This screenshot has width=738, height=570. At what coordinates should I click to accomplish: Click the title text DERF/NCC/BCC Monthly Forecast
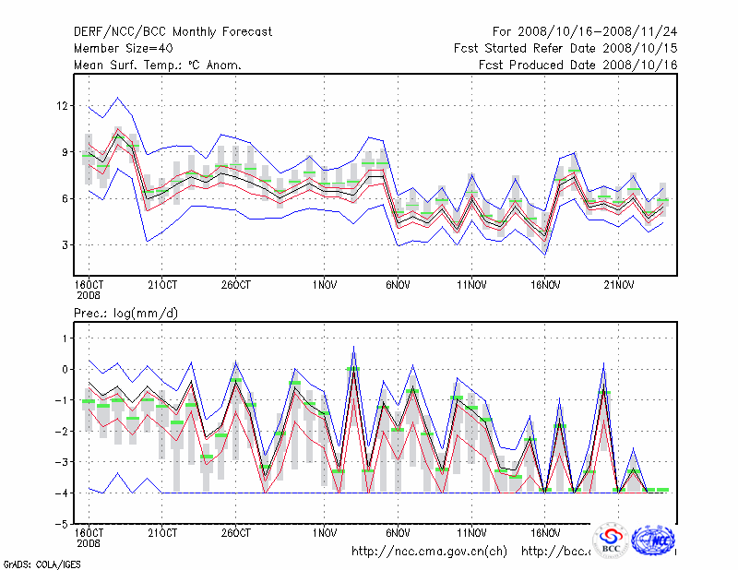click(x=173, y=32)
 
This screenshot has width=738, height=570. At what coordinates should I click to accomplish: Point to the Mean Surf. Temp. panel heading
click(x=158, y=65)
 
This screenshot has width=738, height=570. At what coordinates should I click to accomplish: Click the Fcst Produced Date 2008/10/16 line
click(x=578, y=65)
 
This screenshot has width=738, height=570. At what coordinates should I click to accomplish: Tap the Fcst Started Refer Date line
click(x=565, y=48)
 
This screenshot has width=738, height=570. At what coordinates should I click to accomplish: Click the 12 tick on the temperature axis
click(x=63, y=106)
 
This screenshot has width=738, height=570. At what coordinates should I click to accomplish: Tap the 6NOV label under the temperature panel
click(x=399, y=284)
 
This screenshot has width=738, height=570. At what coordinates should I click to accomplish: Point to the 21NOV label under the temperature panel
click(x=618, y=284)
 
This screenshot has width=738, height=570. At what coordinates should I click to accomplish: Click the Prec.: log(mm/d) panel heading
click(x=126, y=314)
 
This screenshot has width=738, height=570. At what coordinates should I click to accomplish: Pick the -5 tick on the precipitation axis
click(x=62, y=524)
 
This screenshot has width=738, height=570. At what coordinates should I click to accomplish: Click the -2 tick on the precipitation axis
click(x=62, y=431)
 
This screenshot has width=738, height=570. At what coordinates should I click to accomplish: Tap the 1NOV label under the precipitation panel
click(x=324, y=532)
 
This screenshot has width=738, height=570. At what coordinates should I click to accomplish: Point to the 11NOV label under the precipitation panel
click(x=470, y=532)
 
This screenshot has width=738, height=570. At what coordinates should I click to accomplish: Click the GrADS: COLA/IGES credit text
click(x=41, y=563)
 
